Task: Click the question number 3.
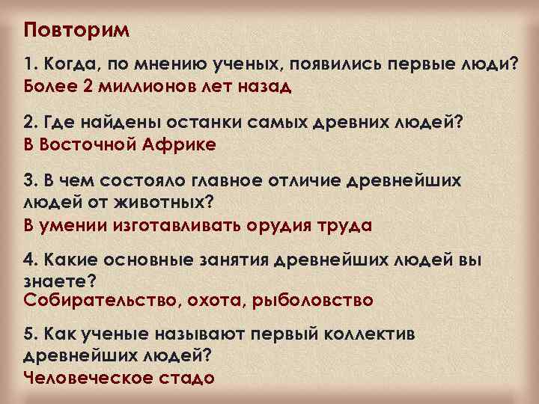(x=30, y=182)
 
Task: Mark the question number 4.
(x=30, y=260)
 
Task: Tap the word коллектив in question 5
(x=353, y=333)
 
